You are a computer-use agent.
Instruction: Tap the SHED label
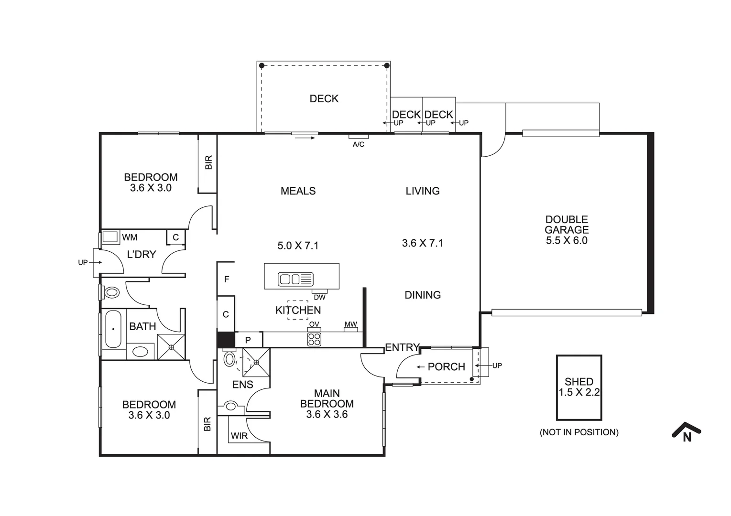[578, 382]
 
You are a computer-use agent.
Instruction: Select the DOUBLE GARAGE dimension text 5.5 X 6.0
[567, 241]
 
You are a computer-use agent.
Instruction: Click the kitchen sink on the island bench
[295, 279]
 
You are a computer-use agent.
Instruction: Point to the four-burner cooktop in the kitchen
[314, 339]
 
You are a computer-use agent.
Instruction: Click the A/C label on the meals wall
[358, 144]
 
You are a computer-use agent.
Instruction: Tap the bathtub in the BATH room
[113, 329]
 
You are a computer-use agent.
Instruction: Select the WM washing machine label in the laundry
[130, 237]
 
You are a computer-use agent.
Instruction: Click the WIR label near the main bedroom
[239, 436]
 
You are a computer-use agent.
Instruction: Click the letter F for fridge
[227, 279]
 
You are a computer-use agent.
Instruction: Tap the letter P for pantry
[248, 340]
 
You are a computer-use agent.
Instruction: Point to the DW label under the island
[319, 297]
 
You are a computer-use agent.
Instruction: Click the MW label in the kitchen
[351, 325]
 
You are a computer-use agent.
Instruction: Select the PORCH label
[446, 367]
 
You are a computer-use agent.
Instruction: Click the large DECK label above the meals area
[324, 99]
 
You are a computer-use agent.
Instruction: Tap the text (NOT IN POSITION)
[578, 432]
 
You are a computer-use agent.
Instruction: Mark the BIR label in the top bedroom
[208, 162]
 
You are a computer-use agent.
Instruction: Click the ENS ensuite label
[242, 385]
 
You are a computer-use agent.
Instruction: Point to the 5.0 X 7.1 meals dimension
[298, 246]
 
